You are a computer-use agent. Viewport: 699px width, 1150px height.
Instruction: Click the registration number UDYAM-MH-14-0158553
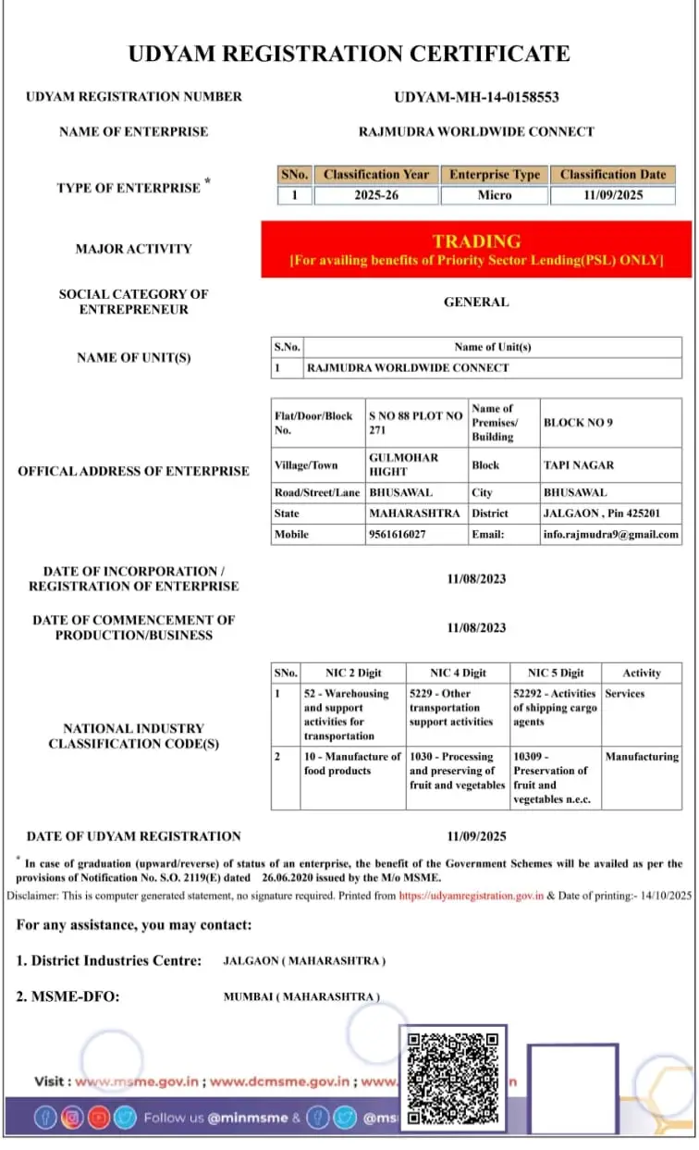click(476, 97)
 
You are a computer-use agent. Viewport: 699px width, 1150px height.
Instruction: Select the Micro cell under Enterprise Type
click(494, 195)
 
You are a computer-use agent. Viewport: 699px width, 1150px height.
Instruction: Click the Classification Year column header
click(375, 174)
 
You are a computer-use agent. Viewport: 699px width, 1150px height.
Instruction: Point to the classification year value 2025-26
click(375, 195)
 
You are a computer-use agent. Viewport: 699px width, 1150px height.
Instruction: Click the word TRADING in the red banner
click(476, 241)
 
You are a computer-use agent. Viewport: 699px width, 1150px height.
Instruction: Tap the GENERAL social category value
click(476, 302)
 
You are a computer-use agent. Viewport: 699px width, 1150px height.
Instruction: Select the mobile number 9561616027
click(398, 535)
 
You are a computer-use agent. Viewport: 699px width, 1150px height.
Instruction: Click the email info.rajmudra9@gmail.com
click(611, 535)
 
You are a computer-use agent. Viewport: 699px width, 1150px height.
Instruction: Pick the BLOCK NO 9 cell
click(578, 423)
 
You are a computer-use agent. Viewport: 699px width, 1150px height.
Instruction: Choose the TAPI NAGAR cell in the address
click(579, 465)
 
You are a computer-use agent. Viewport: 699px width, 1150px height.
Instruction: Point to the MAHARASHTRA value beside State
click(414, 513)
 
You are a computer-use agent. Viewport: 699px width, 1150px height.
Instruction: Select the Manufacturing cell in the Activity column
click(642, 757)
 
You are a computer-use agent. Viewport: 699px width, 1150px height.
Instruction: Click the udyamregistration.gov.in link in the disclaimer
click(472, 896)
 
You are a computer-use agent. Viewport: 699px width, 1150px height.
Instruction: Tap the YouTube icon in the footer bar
click(98, 1118)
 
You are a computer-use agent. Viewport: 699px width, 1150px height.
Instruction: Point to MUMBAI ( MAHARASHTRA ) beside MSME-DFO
click(301, 996)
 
